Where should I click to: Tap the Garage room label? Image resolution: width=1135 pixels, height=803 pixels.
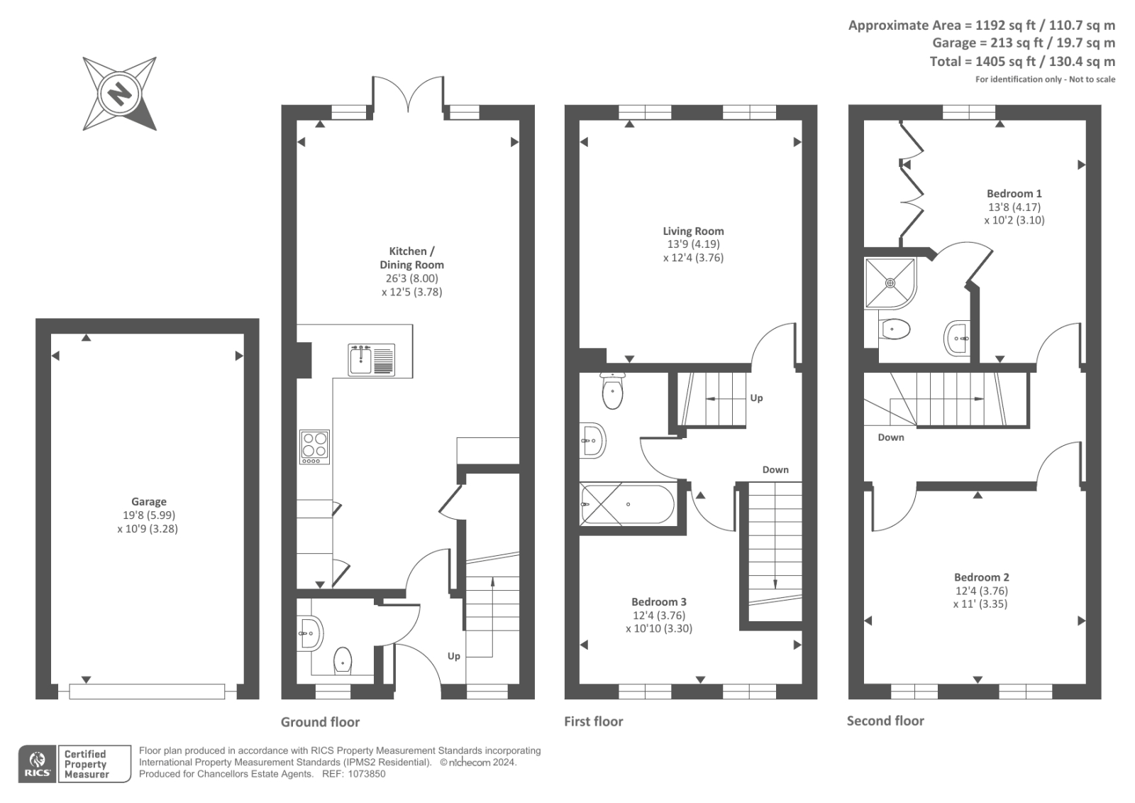pos(148,501)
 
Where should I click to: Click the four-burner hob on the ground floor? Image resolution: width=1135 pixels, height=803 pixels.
pos(314,447)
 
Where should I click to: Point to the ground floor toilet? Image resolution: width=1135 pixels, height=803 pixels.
pos(343,660)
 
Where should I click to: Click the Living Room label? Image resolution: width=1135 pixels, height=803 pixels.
pos(693,231)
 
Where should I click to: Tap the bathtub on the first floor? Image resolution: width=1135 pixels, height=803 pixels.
pos(627,504)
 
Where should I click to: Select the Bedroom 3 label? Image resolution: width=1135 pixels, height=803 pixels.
pos(658,602)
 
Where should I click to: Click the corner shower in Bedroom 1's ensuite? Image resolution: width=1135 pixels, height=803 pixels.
pos(890,283)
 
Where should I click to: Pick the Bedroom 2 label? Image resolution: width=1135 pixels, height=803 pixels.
pos(981,577)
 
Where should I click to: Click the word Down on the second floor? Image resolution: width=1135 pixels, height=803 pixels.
pos(890,437)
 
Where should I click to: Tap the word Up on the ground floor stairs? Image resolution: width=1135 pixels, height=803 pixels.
pos(453,656)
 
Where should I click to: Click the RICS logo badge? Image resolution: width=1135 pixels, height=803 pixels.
pos(36,764)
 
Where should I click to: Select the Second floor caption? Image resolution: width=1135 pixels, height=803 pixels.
pos(885,721)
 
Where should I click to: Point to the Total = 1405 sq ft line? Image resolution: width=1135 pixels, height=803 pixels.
pos(1021,62)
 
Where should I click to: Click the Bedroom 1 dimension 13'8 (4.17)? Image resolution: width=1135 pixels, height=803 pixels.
pos(1014,207)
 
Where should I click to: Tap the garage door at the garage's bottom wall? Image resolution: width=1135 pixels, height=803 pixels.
pos(147,691)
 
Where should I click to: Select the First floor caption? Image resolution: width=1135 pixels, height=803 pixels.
pos(593,721)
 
